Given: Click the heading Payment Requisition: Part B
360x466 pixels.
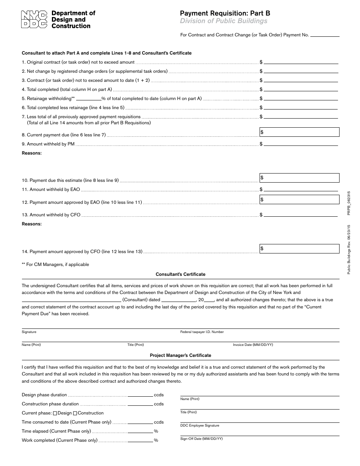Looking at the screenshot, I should click(225, 13).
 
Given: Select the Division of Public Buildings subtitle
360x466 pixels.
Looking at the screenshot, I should click(224, 21).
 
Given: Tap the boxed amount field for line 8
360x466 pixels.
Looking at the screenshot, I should click(299, 132).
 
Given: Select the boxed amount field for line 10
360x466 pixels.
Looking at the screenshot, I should click(299, 178).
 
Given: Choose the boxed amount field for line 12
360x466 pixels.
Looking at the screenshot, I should click(299, 199).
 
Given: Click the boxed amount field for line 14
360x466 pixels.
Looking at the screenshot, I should click(299, 249).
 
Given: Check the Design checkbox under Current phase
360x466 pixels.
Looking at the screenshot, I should click(55, 413).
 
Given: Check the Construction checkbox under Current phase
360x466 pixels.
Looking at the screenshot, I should click(75, 413).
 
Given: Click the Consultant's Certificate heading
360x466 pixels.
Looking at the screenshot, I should click(180, 274).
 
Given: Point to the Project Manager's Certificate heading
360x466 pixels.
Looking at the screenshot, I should click(180, 355).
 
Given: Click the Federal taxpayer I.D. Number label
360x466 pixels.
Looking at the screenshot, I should click(202, 332).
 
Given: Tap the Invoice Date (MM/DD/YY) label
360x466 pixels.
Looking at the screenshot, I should click(253, 345).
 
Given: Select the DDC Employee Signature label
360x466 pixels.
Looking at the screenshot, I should click(200, 425).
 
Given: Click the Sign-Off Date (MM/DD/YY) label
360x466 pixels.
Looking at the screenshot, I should click(201, 439).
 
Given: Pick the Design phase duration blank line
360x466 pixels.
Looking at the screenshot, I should click(140, 396).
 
